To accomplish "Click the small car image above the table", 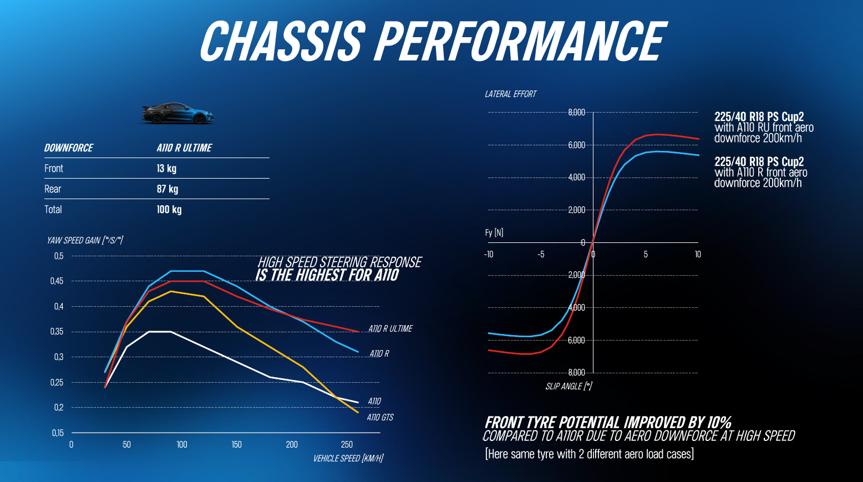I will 177,113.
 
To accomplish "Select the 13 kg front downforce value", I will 166,169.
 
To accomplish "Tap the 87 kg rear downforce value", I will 167,189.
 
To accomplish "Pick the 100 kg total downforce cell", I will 169,210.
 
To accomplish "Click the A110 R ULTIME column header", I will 184,148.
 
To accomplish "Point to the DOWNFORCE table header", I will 69,148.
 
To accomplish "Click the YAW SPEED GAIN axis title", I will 85,240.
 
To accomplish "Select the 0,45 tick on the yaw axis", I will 57,281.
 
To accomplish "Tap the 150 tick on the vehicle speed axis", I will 237,444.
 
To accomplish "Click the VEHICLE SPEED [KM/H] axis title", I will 348,458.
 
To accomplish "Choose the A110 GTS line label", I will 380,417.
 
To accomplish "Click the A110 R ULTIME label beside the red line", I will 390,329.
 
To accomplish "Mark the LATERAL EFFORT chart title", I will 510,94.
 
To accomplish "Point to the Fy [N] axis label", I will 494,232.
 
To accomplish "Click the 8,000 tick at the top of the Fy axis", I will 576,113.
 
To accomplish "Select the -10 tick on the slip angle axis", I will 488,255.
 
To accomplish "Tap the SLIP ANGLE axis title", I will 568,386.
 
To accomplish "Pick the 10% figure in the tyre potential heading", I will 719,423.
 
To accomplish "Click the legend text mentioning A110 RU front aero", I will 764,128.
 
